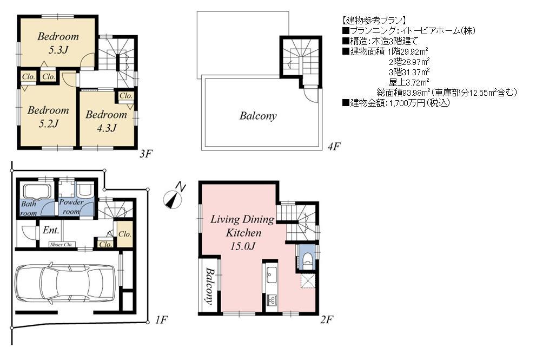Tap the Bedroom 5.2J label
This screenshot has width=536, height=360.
48,116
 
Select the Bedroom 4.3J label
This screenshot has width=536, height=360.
106,121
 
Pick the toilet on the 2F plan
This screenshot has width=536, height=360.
306,259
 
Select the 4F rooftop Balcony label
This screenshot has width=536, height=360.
258,116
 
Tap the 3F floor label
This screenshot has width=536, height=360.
145,154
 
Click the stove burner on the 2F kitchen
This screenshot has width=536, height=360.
271,299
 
